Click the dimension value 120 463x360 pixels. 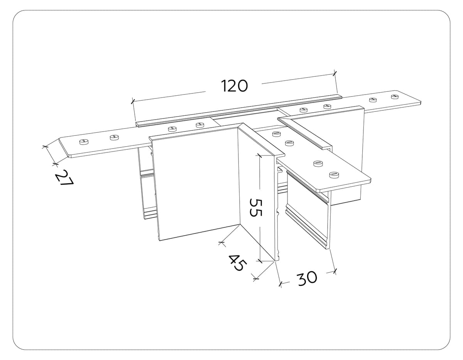[234, 86]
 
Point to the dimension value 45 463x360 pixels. [236, 262]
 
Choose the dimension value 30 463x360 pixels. [307, 277]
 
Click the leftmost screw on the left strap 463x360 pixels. [83, 142]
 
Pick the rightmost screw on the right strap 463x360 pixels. [395, 96]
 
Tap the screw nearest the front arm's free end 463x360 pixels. [333, 175]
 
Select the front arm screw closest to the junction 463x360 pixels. [276, 134]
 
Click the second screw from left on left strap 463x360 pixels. [114, 137]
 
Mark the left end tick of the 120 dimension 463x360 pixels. [133, 101]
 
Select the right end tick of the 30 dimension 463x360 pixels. [335, 272]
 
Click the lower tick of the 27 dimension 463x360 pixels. [55, 165]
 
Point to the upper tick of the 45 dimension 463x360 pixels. [221, 243]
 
